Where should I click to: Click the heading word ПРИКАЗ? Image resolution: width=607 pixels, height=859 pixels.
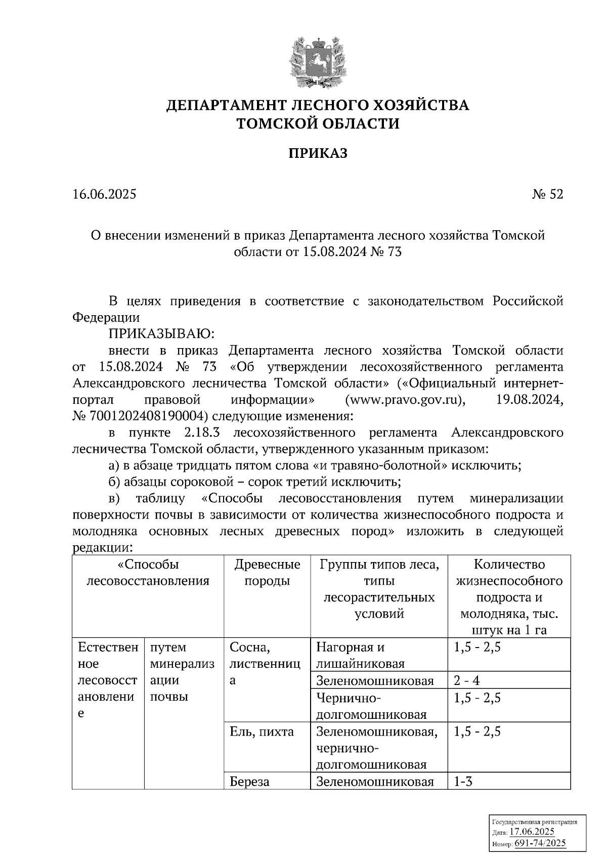click(x=318, y=153)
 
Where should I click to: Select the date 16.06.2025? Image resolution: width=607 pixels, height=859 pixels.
click(x=104, y=194)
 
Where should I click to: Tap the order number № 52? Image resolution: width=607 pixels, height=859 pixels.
click(x=547, y=194)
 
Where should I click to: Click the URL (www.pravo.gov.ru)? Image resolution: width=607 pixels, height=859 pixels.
click(x=405, y=400)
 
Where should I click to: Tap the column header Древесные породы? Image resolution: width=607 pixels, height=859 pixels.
click(x=267, y=572)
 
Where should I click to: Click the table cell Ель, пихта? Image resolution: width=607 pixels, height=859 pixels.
click(x=262, y=732)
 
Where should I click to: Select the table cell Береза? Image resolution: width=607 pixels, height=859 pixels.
click(x=249, y=782)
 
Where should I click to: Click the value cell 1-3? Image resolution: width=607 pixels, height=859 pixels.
click(x=463, y=782)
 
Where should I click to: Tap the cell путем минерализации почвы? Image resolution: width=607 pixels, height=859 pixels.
click(x=182, y=672)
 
